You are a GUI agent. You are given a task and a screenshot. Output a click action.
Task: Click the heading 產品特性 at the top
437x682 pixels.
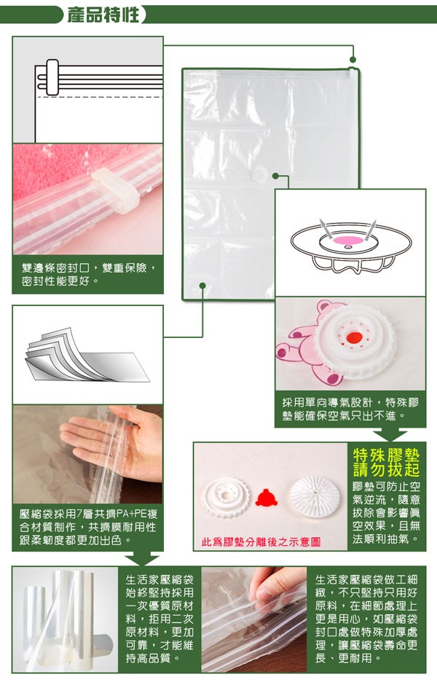[103, 15]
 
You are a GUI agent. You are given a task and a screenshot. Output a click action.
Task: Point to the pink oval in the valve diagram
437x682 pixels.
[347, 240]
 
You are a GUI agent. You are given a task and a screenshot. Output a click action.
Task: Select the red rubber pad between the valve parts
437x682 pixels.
[266, 498]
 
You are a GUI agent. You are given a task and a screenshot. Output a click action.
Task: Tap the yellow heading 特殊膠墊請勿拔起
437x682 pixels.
[386, 463]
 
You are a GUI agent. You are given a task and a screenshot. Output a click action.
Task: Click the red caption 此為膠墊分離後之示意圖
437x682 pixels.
[261, 542]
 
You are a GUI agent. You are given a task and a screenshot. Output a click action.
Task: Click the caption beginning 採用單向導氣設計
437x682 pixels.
[350, 409]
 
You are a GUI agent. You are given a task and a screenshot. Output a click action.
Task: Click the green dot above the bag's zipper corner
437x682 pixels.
[353, 60]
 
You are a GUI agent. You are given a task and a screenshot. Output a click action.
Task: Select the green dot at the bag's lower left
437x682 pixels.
[202, 286]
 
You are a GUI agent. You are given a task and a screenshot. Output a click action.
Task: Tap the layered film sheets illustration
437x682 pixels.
[87, 355]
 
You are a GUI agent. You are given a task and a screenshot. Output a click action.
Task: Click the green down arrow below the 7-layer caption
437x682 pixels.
[142, 558]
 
